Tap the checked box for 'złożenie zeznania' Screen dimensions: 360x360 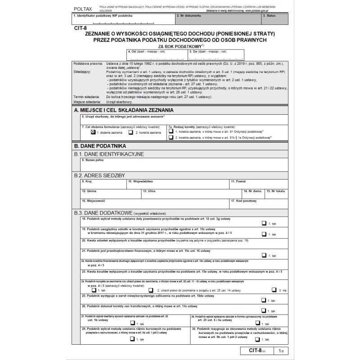click(x=93, y=132)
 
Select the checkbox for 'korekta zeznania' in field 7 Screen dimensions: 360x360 click(x=131, y=132)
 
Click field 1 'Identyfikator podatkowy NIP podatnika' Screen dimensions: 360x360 click(x=123, y=19)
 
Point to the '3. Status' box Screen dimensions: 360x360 click(x=274, y=19)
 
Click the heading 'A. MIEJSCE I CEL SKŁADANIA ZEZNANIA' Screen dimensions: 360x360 click(x=123, y=110)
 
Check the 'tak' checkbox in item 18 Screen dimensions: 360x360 click(x=264, y=223)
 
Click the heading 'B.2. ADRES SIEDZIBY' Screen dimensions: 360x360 click(x=99, y=175)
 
